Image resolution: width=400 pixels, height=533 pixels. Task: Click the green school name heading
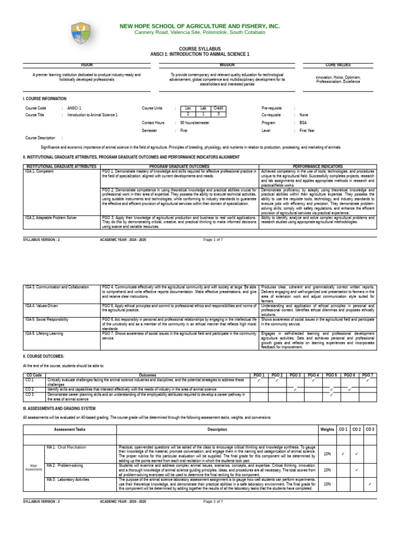coord(199,26)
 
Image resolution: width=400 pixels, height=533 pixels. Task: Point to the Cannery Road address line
coord(199,32)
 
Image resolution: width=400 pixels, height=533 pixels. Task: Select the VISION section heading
coord(86,65)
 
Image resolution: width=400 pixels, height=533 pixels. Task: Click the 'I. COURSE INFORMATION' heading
coord(45,98)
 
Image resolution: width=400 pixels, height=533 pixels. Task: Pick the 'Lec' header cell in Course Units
coord(188,108)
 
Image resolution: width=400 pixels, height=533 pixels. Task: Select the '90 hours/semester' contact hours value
coord(195,123)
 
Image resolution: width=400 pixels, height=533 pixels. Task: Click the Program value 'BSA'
coord(303,123)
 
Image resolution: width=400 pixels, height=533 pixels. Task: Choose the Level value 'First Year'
coord(307,131)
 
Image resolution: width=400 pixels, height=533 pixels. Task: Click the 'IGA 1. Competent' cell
coord(39,171)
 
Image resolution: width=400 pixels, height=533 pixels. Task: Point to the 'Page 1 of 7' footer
coord(213,239)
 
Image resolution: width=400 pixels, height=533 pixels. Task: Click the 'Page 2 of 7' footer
coord(213,501)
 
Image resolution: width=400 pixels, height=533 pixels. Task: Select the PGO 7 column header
coord(368,375)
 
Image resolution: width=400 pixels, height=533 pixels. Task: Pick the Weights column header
coord(327,429)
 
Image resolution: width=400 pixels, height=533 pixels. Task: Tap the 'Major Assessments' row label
coord(33,468)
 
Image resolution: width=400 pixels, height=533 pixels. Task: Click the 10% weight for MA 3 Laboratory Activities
coord(327,484)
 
